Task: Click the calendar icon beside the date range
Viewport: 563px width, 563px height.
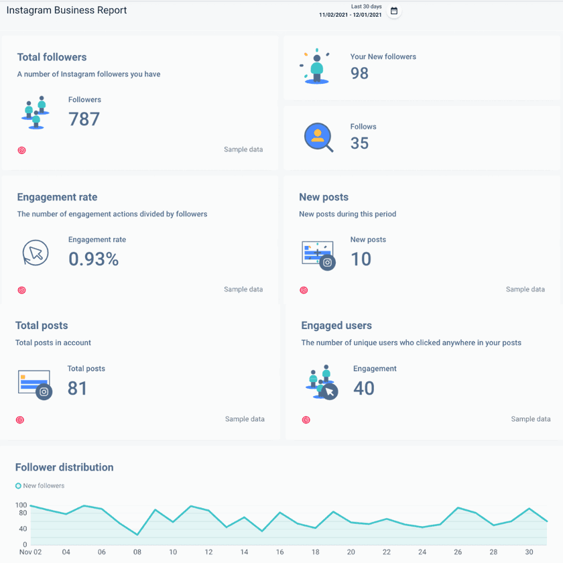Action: [x=394, y=11]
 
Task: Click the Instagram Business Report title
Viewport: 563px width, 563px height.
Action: [x=66, y=10]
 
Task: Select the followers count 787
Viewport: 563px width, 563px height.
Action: [x=84, y=119]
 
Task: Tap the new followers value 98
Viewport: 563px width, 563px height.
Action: [x=359, y=73]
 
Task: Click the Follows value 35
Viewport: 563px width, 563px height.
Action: [x=359, y=143]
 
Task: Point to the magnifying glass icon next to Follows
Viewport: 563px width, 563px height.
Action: [x=318, y=137]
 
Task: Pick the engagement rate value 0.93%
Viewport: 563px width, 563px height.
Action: [x=93, y=259]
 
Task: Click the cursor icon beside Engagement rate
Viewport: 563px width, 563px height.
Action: [x=36, y=253]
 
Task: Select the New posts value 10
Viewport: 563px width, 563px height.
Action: [x=361, y=259]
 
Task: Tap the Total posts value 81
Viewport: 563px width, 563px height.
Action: [x=77, y=388]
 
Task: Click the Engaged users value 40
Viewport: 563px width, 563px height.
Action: [x=363, y=388]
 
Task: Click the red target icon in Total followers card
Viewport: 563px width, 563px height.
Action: [x=21, y=150]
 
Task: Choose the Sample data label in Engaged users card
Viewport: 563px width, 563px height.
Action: [x=530, y=419]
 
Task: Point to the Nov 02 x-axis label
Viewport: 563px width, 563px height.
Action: [x=31, y=552]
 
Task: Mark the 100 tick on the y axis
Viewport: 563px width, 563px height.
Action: [x=21, y=505]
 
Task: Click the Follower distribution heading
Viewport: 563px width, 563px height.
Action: [x=64, y=467]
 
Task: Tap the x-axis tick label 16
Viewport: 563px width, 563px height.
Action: [x=279, y=552]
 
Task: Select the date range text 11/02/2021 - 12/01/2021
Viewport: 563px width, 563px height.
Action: [x=350, y=15]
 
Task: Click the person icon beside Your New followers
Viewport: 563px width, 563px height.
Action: [x=316, y=67]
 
